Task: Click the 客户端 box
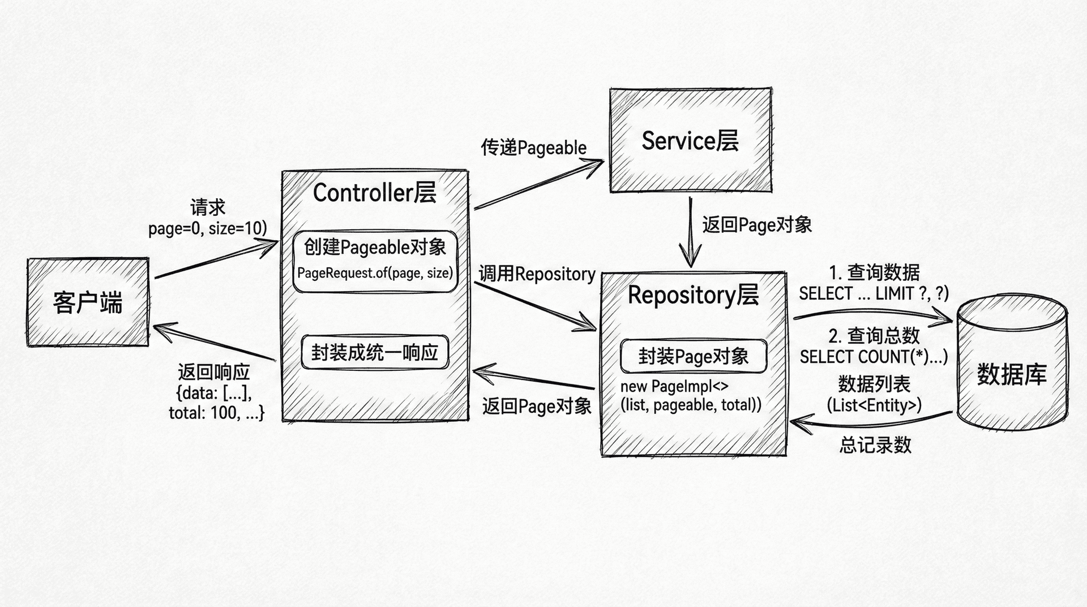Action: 88,302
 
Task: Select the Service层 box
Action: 690,140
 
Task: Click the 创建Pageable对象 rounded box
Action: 375,260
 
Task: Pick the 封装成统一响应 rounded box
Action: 375,353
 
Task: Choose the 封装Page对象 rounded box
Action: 694,356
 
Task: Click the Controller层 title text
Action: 375,193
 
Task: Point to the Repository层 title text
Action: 693,295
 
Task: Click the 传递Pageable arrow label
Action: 533,148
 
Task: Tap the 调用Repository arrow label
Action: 537,274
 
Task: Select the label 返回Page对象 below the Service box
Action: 757,225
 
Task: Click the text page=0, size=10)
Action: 207,228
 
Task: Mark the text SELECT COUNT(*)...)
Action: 874,357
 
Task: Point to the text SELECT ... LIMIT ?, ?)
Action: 874,294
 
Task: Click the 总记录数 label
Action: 875,445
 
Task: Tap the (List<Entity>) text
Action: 874,405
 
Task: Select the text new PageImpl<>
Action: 674,387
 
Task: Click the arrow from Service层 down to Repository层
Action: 690,232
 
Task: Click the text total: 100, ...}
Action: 216,413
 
